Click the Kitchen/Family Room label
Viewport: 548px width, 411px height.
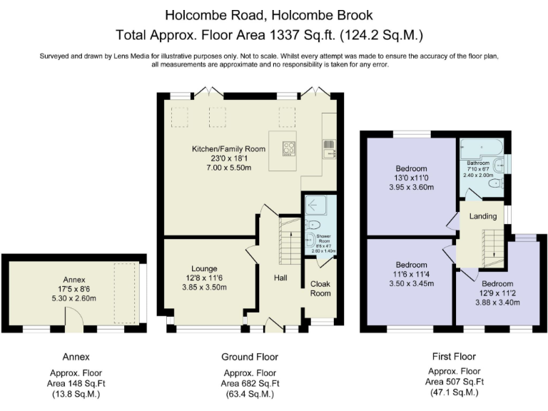click(x=228, y=149)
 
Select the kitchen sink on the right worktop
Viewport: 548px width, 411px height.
click(x=329, y=149)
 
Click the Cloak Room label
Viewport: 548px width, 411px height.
click(x=320, y=288)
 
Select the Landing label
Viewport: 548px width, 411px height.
click(x=482, y=216)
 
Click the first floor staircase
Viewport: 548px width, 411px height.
click(x=490, y=247)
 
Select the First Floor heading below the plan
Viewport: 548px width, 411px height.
click(x=454, y=356)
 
